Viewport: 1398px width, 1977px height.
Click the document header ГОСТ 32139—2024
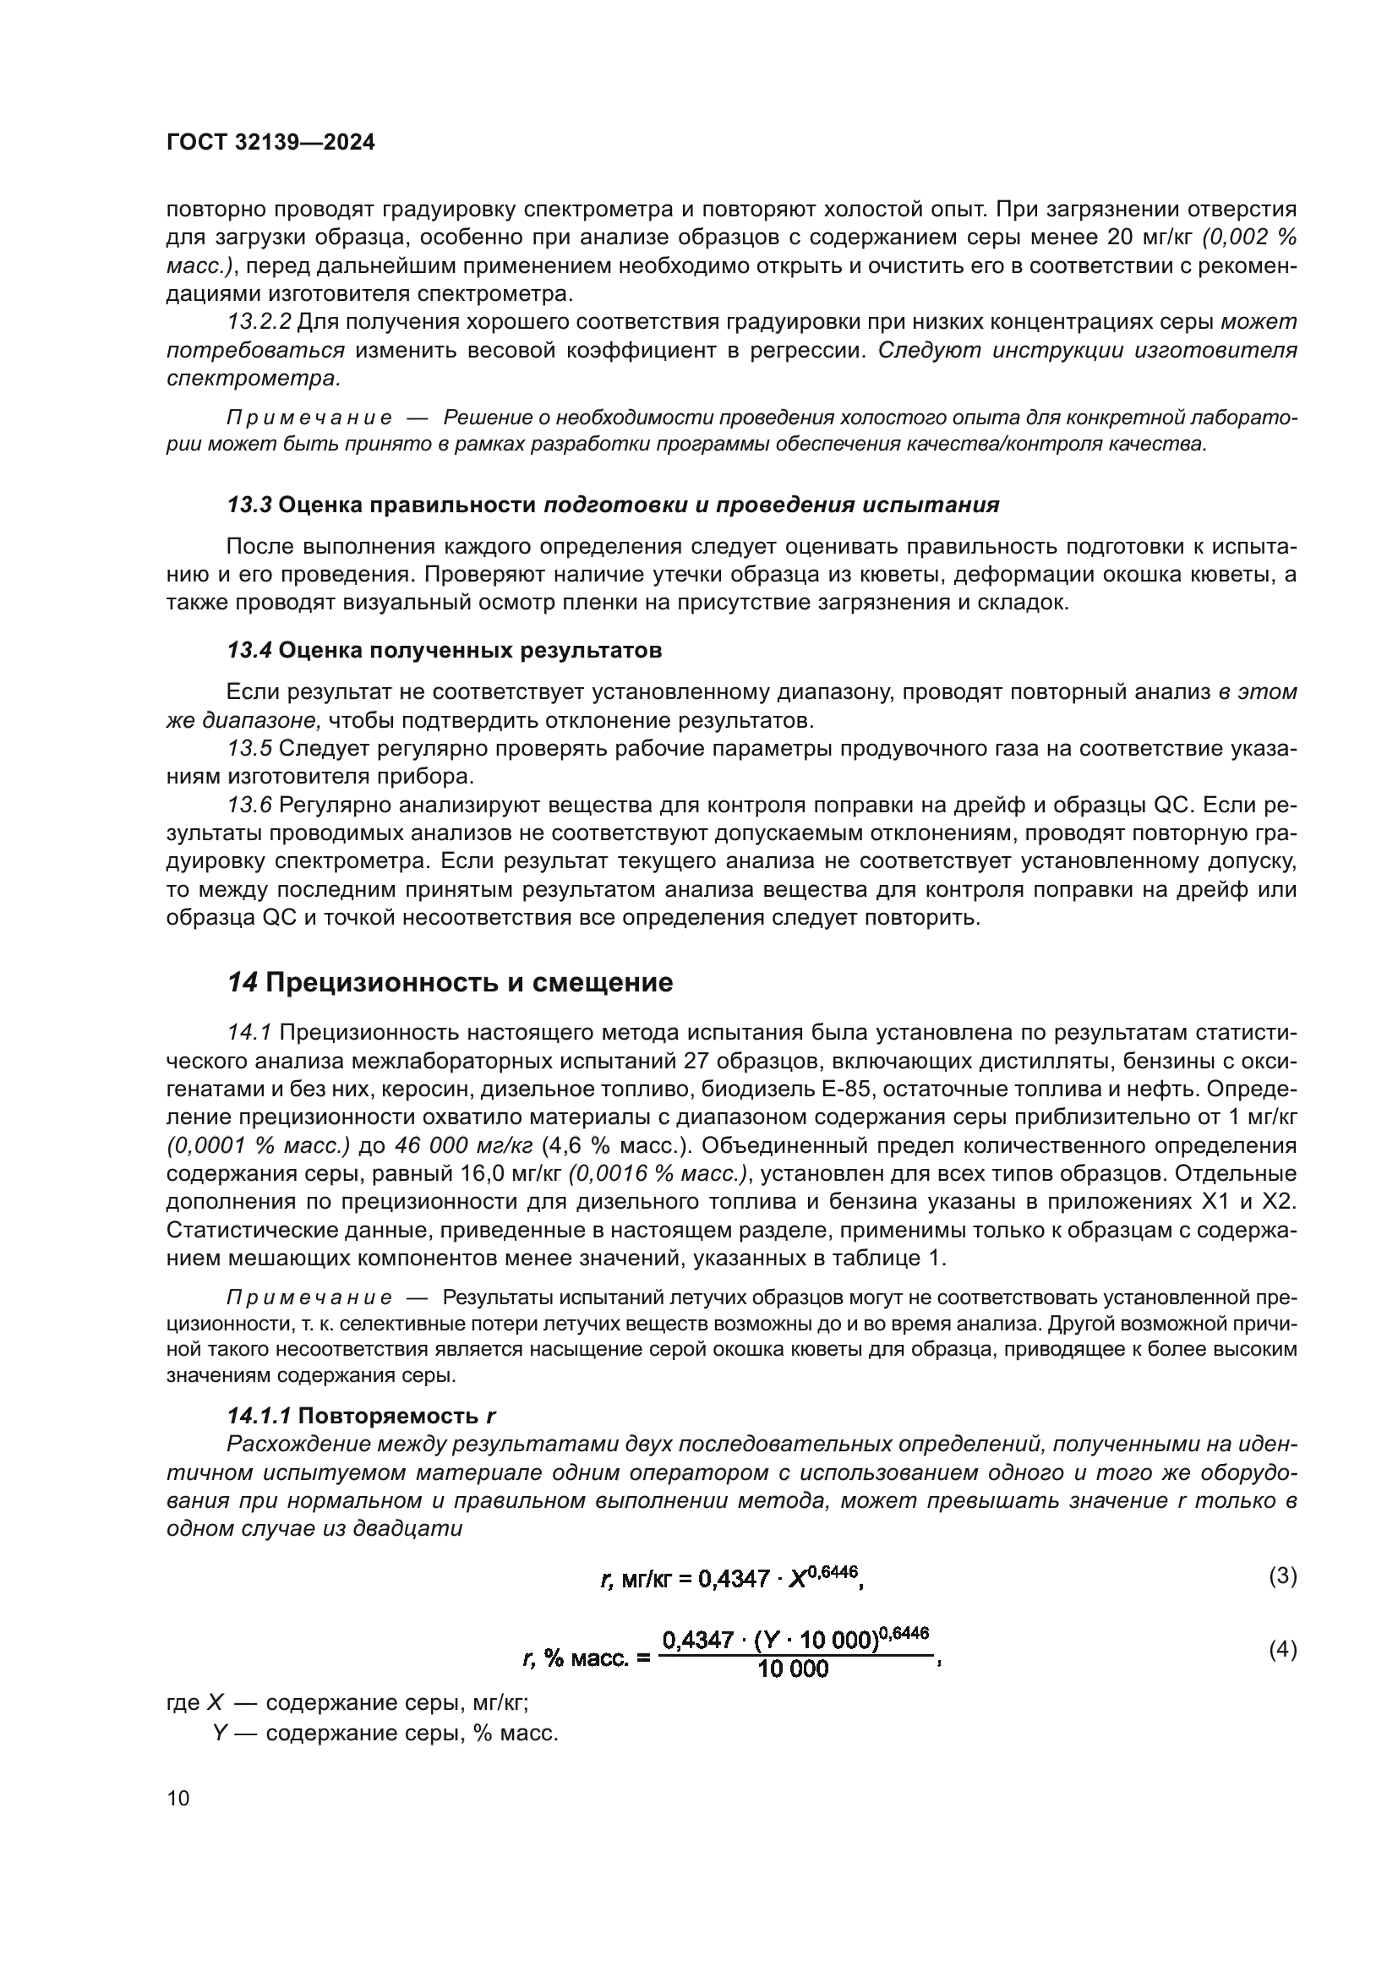[270, 143]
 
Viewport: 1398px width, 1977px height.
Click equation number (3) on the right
[1282, 1576]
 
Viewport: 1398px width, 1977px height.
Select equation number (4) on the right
[1282, 1650]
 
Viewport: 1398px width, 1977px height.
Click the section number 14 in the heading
[242, 982]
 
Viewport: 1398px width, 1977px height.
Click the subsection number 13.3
[248, 505]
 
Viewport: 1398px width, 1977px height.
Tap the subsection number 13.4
[248, 650]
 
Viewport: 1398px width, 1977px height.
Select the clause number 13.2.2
[259, 322]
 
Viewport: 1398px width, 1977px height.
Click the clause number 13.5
[248, 748]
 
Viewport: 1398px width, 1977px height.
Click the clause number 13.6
[248, 806]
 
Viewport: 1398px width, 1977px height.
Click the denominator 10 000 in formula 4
[793, 1669]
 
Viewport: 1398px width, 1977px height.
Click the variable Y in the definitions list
[220, 1734]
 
